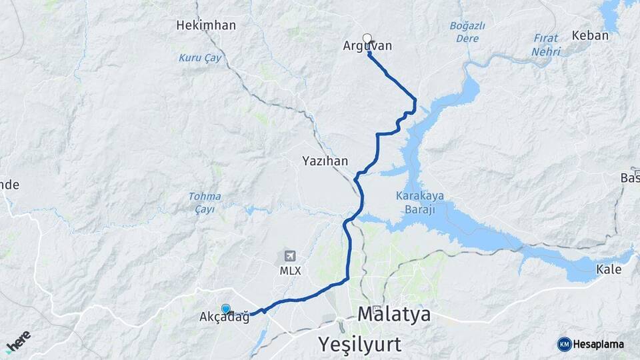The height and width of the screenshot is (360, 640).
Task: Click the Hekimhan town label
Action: (x=206, y=25)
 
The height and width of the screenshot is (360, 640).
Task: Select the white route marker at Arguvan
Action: (x=367, y=38)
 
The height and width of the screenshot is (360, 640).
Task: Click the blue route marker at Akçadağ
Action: (x=226, y=308)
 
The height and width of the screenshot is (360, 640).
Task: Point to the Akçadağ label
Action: (x=224, y=318)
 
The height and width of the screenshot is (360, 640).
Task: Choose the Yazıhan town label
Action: (x=325, y=161)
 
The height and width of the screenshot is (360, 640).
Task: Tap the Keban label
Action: (x=590, y=35)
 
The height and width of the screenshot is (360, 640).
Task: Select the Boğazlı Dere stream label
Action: (x=467, y=32)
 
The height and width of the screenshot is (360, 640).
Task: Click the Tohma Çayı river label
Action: (x=205, y=202)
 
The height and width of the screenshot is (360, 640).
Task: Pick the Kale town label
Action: (x=609, y=269)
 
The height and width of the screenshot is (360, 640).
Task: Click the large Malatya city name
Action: (x=394, y=313)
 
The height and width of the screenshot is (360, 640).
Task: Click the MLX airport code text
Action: (x=290, y=271)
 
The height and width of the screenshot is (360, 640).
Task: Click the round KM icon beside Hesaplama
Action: (x=564, y=344)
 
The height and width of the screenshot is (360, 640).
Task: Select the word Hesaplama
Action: (x=598, y=344)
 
